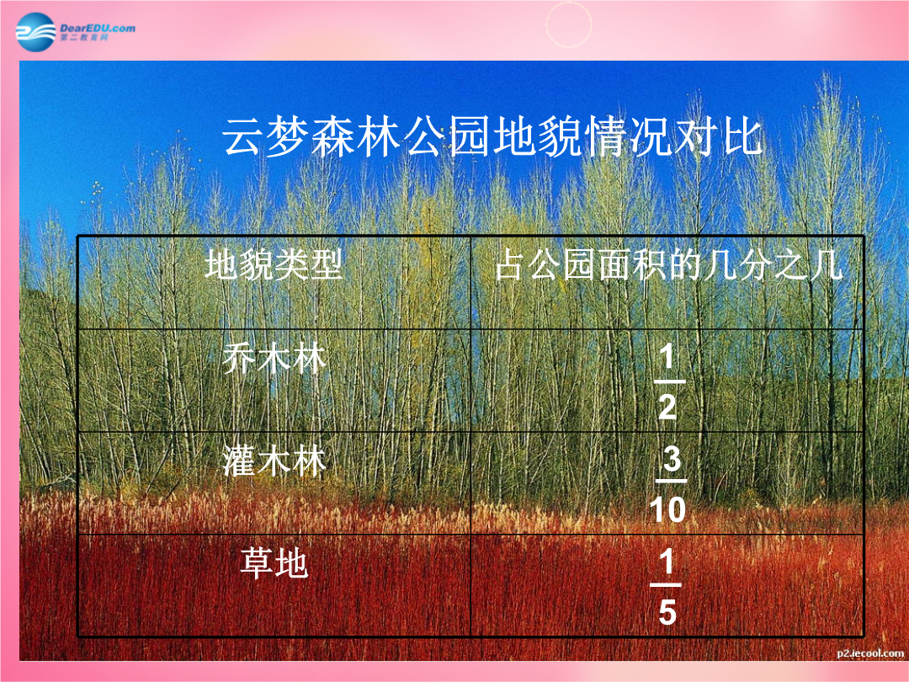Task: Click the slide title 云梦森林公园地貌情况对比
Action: (492, 137)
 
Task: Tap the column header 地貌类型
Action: (274, 265)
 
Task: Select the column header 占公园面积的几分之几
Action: (668, 265)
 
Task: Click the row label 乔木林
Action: (274, 358)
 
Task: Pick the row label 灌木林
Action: (274, 461)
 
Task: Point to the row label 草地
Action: (274, 563)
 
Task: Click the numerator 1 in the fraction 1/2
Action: (667, 355)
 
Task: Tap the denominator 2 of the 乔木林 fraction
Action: (667, 406)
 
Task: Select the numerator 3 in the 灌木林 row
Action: (672, 458)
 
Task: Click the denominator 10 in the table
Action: (667, 509)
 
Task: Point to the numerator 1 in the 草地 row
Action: (667, 562)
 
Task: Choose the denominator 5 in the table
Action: (667, 612)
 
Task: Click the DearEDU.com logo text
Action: (98, 28)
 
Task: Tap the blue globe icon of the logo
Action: (36, 32)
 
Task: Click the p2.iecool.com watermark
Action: (870, 653)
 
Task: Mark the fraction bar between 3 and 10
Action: (671, 481)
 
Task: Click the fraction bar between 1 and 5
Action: (666, 585)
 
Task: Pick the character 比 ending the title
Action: (742, 137)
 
